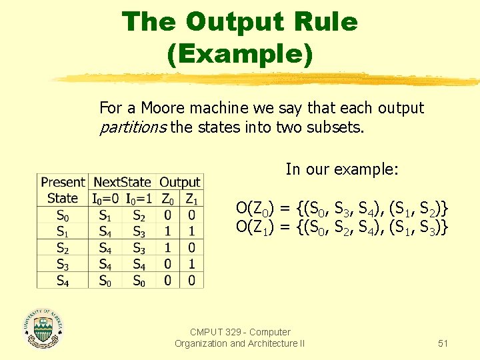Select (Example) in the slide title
(x=240, y=53)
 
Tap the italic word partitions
(x=133, y=127)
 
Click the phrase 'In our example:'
(x=342, y=169)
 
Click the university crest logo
(x=44, y=329)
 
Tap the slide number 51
(x=443, y=343)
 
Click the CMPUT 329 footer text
(x=240, y=337)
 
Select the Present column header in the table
(x=63, y=182)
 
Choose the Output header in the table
(x=180, y=182)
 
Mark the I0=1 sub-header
(x=139, y=198)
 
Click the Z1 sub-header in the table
(x=191, y=198)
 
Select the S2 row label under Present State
(x=63, y=248)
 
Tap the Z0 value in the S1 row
(x=168, y=231)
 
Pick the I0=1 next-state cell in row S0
(x=139, y=215)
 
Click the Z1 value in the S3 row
(x=191, y=264)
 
